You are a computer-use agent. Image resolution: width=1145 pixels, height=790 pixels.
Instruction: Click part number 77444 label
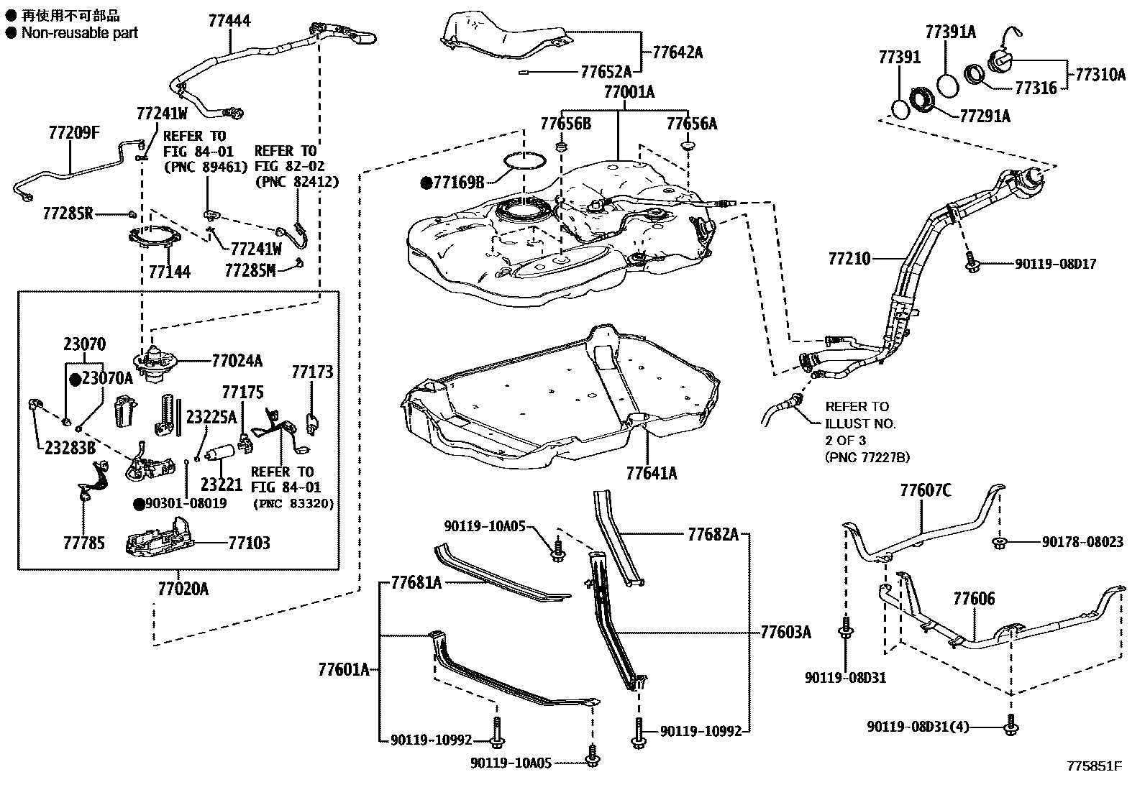(x=229, y=22)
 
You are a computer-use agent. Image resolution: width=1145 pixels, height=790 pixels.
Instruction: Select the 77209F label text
(x=74, y=132)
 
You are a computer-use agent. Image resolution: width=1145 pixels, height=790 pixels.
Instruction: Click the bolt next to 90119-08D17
(x=971, y=265)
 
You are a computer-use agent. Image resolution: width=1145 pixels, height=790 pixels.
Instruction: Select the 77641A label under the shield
(x=651, y=473)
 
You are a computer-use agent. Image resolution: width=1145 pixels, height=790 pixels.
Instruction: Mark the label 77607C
(x=926, y=491)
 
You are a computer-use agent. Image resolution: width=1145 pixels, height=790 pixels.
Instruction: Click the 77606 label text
(x=974, y=599)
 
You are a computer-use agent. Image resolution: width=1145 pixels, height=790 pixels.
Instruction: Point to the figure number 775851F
(x=1094, y=766)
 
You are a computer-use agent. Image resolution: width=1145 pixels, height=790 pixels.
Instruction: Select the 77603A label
(x=785, y=633)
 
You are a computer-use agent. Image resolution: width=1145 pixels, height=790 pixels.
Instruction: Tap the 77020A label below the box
(x=183, y=589)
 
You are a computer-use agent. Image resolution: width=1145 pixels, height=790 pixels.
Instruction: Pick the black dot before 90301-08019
(x=138, y=504)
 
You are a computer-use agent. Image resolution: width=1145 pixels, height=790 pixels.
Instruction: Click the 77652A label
(x=606, y=71)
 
